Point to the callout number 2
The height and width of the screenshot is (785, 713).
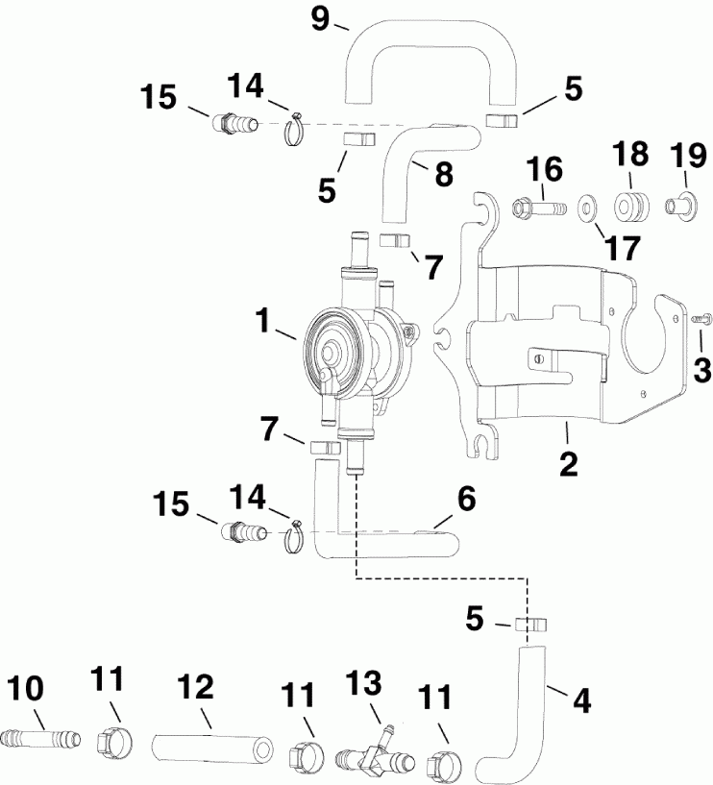(x=568, y=463)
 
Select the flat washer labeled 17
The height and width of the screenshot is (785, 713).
(x=585, y=207)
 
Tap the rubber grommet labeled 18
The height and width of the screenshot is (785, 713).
(x=628, y=207)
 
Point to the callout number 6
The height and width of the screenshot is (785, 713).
(x=466, y=498)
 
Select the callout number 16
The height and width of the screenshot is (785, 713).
(x=546, y=171)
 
